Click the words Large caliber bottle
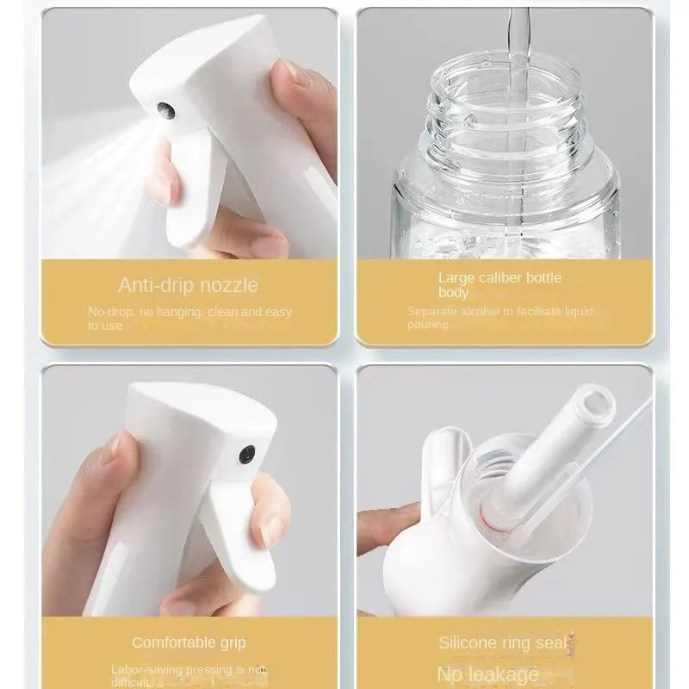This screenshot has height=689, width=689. pos(500,277)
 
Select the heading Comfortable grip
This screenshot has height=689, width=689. pos(189,642)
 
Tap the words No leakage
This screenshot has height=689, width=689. pos(487,673)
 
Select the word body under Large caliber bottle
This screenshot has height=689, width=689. pos(453,293)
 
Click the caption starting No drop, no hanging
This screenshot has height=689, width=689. pos(189,312)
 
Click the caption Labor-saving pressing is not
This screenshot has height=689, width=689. pos(188,668)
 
